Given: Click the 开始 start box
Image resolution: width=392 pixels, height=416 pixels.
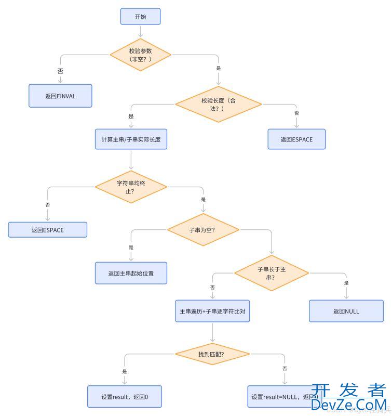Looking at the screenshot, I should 140,17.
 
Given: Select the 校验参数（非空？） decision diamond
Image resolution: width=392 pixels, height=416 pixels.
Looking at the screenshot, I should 140,55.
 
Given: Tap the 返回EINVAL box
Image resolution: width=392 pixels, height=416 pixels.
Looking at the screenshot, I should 60,96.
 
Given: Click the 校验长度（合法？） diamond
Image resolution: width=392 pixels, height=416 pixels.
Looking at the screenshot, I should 218,105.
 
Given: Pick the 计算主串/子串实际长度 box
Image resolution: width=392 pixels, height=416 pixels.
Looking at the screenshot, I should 131,140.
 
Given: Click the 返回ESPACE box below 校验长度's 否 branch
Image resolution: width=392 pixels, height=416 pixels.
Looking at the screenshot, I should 296,139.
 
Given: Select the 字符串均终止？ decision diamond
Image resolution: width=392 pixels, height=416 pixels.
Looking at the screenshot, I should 130,187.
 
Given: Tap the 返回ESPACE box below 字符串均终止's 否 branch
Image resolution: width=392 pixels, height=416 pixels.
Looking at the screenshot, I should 47,229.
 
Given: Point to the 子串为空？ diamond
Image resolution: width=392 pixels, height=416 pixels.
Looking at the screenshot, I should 202,229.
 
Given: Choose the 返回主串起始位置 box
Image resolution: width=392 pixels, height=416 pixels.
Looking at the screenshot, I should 131,273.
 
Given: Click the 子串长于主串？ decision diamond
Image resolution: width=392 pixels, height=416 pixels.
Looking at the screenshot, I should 271,273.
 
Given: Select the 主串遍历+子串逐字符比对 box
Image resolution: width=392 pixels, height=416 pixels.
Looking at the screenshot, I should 212,311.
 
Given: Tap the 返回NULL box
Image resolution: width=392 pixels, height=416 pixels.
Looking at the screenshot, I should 346,311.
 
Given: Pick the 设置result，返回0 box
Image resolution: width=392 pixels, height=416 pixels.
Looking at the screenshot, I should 125,397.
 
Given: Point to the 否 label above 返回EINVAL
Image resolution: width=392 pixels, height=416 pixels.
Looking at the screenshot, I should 60,71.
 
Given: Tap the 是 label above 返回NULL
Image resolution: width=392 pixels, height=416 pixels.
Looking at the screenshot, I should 346,283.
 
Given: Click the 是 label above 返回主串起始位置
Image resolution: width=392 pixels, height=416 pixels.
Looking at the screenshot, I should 131,248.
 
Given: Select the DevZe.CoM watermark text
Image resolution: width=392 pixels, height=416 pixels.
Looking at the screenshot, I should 349,405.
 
